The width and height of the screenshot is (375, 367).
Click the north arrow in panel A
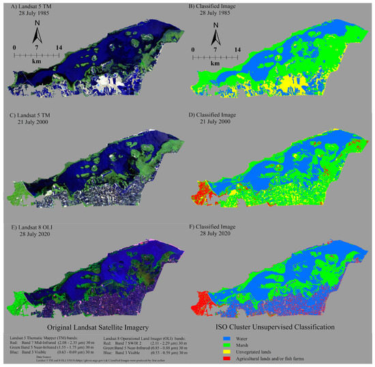(x=35, y=32)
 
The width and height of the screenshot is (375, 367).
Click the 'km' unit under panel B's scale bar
(x=216, y=62)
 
